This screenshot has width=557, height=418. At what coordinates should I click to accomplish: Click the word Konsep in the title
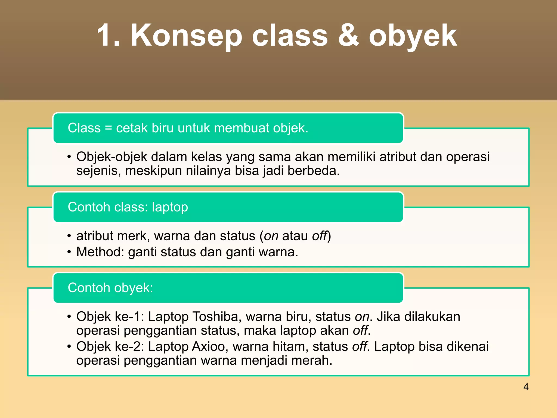[x=186, y=36]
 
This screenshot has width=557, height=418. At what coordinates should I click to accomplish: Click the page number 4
[x=526, y=387]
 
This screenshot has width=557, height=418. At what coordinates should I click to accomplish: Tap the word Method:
[x=100, y=252]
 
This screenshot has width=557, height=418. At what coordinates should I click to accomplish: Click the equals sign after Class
[x=108, y=128]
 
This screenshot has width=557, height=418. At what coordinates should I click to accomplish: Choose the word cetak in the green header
[x=132, y=128]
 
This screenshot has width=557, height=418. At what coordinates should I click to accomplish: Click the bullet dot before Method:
[x=69, y=252]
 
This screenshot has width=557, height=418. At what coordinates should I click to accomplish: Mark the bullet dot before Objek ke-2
[x=69, y=347]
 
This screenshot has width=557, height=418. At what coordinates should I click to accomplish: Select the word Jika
[x=388, y=316]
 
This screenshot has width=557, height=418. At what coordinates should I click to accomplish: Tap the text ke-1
[x=129, y=316]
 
